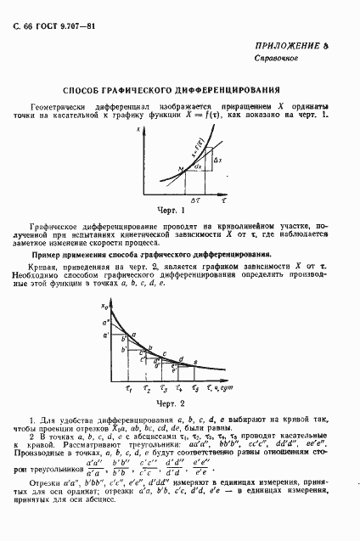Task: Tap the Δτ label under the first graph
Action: [196, 200]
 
